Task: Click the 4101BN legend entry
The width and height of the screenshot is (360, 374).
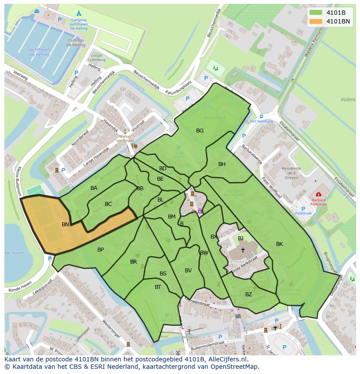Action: click(x=338, y=21)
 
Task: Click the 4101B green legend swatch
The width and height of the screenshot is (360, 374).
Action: click(x=316, y=13)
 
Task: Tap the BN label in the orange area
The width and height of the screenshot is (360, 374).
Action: click(x=66, y=225)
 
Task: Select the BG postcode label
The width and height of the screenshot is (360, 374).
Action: click(x=200, y=130)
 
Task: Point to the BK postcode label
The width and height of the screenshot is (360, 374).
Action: click(x=280, y=244)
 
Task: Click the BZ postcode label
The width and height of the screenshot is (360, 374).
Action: click(x=249, y=294)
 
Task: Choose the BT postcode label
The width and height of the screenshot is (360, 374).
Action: click(x=158, y=287)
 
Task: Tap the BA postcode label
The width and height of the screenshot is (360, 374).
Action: click(x=94, y=188)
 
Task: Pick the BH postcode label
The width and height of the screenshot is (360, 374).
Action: click(x=222, y=164)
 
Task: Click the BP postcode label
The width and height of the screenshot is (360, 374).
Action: click(x=100, y=249)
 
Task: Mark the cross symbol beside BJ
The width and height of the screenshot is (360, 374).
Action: click(x=243, y=250)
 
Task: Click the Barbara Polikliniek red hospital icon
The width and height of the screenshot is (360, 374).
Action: click(x=319, y=194)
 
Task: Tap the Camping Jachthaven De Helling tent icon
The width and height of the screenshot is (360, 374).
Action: click(x=79, y=13)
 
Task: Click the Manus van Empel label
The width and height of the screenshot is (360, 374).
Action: click(x=125, y=138)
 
